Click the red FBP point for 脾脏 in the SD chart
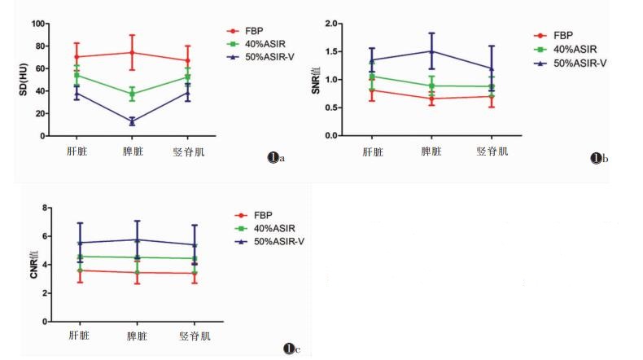[132, 53]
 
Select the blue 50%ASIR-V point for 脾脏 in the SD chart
[132, 121]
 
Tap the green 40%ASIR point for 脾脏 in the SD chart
[132, 94]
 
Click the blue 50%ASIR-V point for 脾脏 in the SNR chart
[431, 51]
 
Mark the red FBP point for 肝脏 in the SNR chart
[372, 90]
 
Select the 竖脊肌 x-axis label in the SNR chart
[491, 151]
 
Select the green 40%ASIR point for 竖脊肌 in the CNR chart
[195, 258]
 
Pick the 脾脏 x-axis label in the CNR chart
[137, 336]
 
